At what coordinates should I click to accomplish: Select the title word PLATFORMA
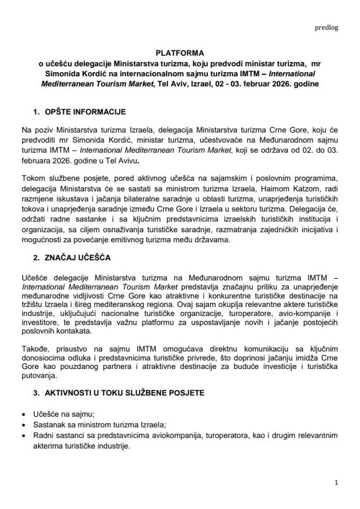click(180, 54)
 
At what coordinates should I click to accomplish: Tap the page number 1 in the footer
click(336, 482)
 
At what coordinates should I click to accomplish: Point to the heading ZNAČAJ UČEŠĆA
click(75, 258)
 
